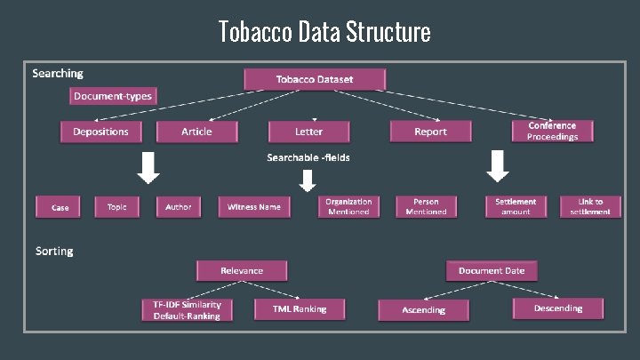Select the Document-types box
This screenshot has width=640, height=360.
tap(113, 96)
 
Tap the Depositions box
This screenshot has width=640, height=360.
tap(100, 132)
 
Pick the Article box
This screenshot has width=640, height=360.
tap(196, 132)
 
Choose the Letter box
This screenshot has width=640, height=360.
tap(308, 132)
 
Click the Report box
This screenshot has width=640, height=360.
tap(430, 132)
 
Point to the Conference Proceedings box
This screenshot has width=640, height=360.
tap(552, 131)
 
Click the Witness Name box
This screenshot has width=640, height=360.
tap(254, 207)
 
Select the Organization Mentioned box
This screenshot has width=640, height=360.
tap(348, 206)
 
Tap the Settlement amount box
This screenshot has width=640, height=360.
tap(516, 206)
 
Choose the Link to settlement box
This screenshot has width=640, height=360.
tap(590, 206)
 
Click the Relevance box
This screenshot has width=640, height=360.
tap(242, 269)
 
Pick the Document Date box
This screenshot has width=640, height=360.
tap(492, 270)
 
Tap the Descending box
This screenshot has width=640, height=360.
tap(558, 308)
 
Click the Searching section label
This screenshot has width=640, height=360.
tap(57, 73)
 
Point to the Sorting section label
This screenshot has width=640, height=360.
tap(54, 251)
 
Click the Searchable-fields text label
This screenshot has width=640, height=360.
tap(308, 157)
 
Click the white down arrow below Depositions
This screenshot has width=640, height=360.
tap(148, 166)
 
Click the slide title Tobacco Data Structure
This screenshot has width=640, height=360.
tap(324, 32)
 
